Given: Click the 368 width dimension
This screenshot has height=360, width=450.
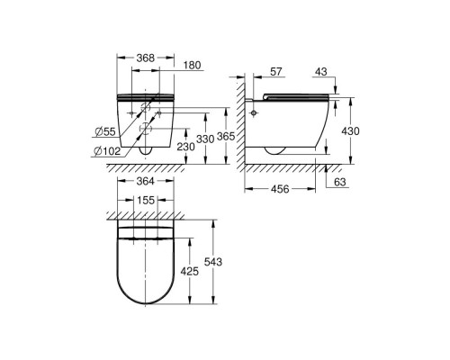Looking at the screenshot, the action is (x=146, y=58).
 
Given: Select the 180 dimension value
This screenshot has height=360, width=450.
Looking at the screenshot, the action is (x=192, y=66).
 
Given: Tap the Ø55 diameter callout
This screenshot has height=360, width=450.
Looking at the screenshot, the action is (x=105, y=131).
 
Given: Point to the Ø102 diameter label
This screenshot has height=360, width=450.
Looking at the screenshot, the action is (x=107, y=151).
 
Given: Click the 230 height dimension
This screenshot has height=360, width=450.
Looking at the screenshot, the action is (x=185, y=147).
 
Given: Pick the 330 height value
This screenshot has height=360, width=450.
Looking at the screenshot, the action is (x=205, y=139).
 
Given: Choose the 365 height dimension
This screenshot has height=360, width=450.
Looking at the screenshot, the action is (x=226, y=137).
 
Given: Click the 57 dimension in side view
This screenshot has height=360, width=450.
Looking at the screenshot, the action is (x=276, y=72).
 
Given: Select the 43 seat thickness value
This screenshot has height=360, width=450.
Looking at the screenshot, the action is (x=321, y=72).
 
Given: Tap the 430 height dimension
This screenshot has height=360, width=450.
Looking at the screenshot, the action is (x=350, y=131).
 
